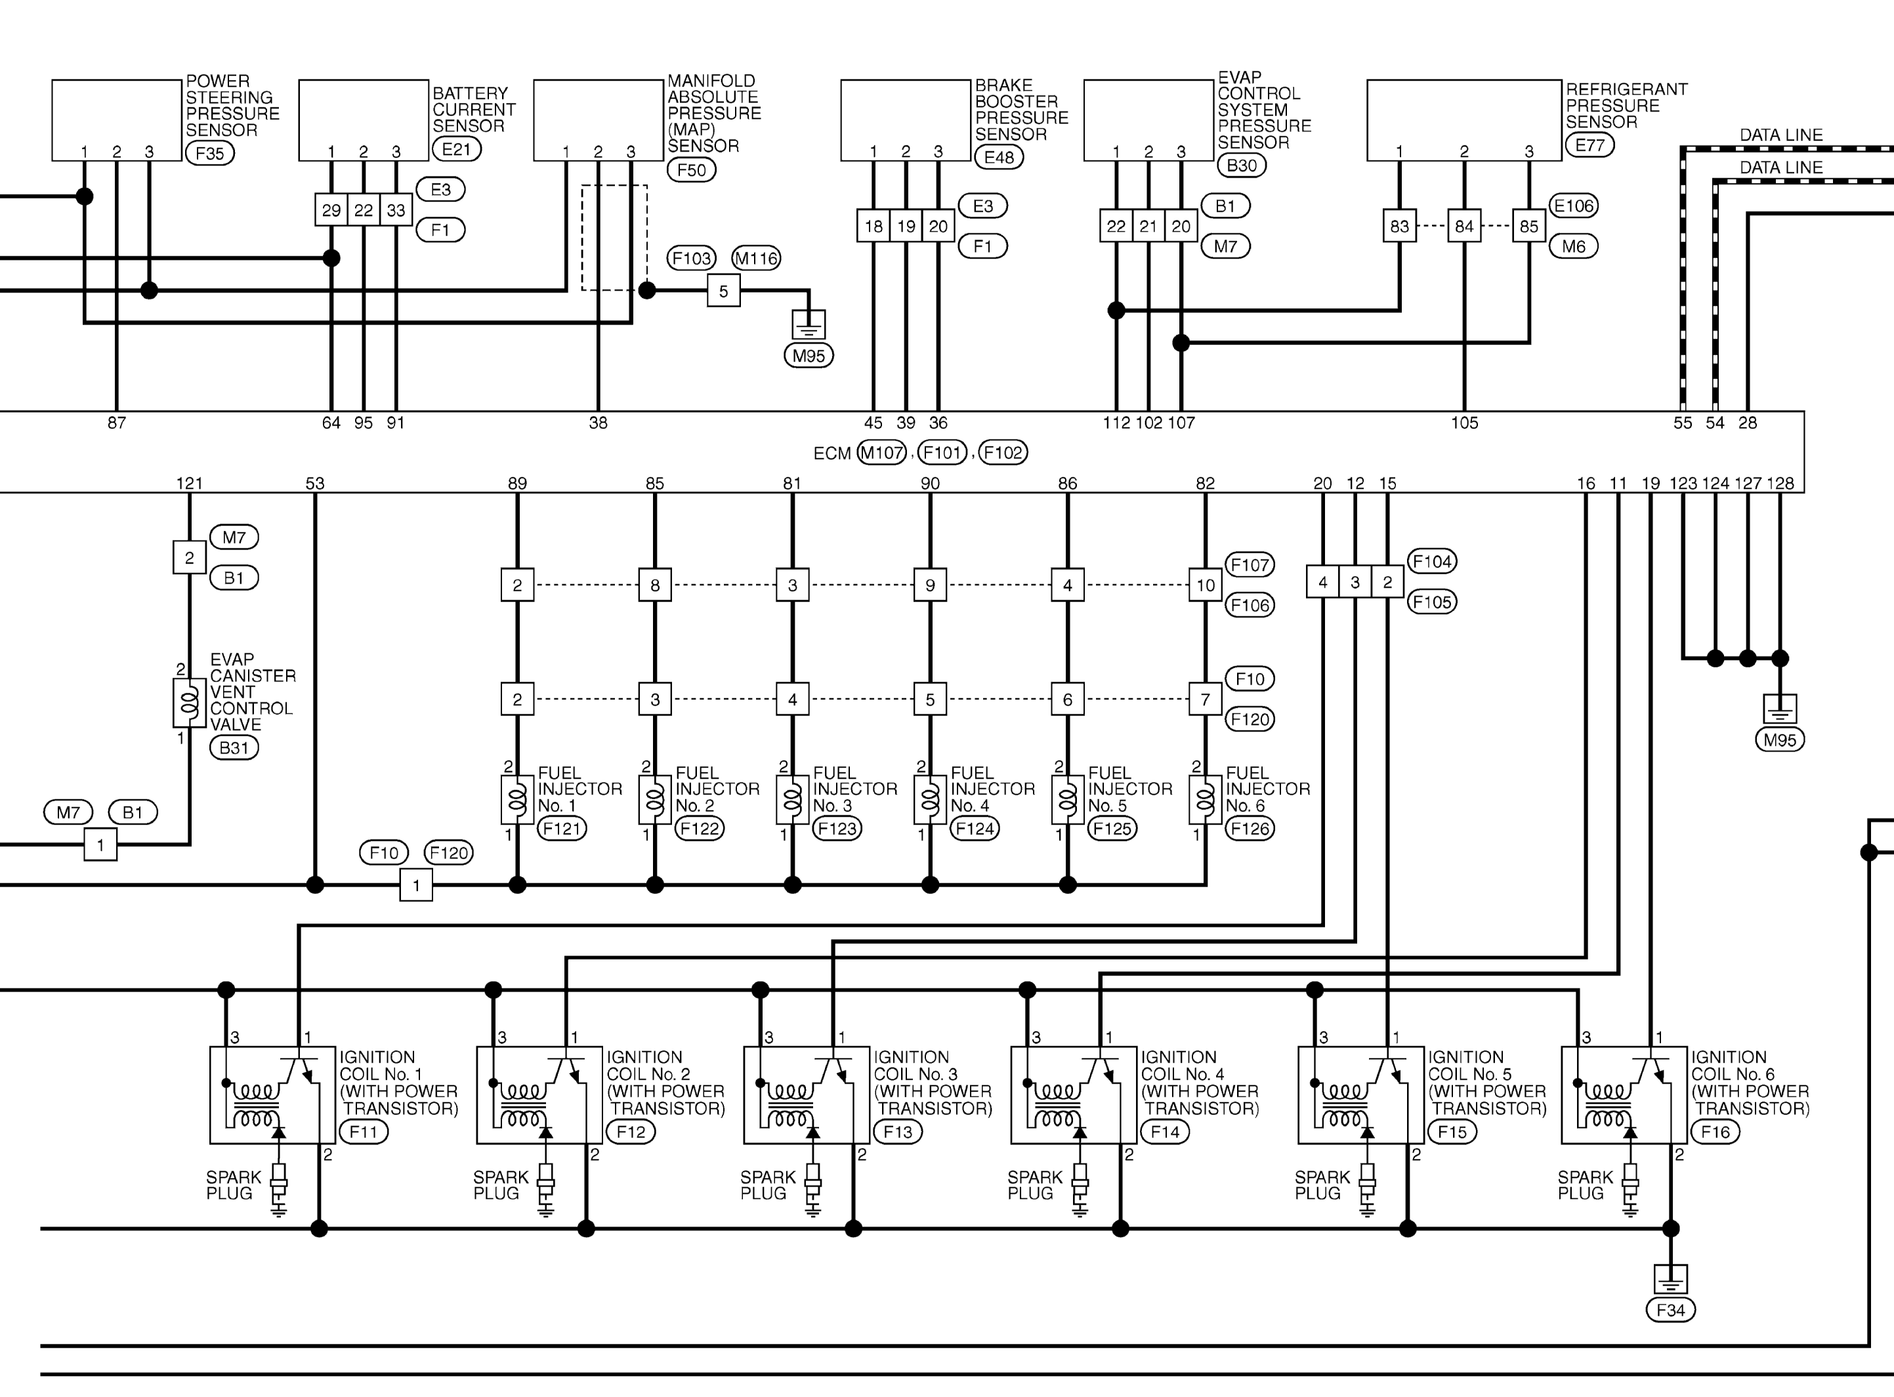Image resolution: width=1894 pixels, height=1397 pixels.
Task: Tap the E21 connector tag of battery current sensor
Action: point(457,149)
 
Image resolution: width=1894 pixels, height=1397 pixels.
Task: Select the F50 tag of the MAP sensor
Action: point(691,169)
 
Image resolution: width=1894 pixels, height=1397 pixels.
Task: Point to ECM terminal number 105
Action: point(1464,423)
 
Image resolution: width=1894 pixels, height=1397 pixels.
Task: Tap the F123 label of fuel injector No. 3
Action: point(837,829)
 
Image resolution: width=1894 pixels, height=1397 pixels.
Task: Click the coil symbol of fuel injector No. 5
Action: point(1068,798)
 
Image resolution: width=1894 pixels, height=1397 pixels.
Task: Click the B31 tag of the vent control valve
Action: point(234,748)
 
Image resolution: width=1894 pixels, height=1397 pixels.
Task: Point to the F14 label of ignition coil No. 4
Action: point(1165,1131)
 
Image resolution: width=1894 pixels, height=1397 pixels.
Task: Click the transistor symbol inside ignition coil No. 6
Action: point(1651,1070)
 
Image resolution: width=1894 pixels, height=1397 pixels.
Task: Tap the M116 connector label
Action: point(755,258)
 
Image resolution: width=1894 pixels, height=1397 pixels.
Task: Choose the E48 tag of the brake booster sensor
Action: point(999,157)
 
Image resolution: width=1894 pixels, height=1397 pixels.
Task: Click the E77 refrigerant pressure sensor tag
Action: point(1589,144)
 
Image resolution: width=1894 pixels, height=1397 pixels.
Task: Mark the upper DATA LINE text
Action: point(1780,134)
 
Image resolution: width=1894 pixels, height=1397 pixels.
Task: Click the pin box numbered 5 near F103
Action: point(723,291)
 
